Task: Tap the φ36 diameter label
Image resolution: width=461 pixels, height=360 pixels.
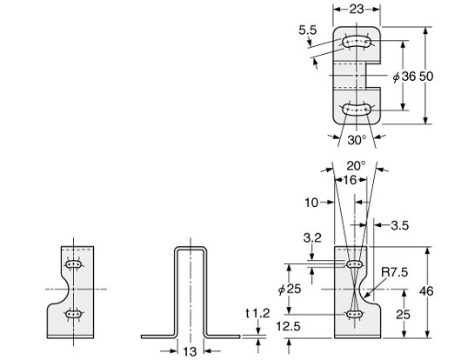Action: coord(404,76)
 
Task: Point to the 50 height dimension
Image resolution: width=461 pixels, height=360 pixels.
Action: coord(427,76)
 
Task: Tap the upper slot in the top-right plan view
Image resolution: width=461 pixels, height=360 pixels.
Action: coord(357,42)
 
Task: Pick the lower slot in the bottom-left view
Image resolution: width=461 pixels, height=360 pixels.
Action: coord(76,315)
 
